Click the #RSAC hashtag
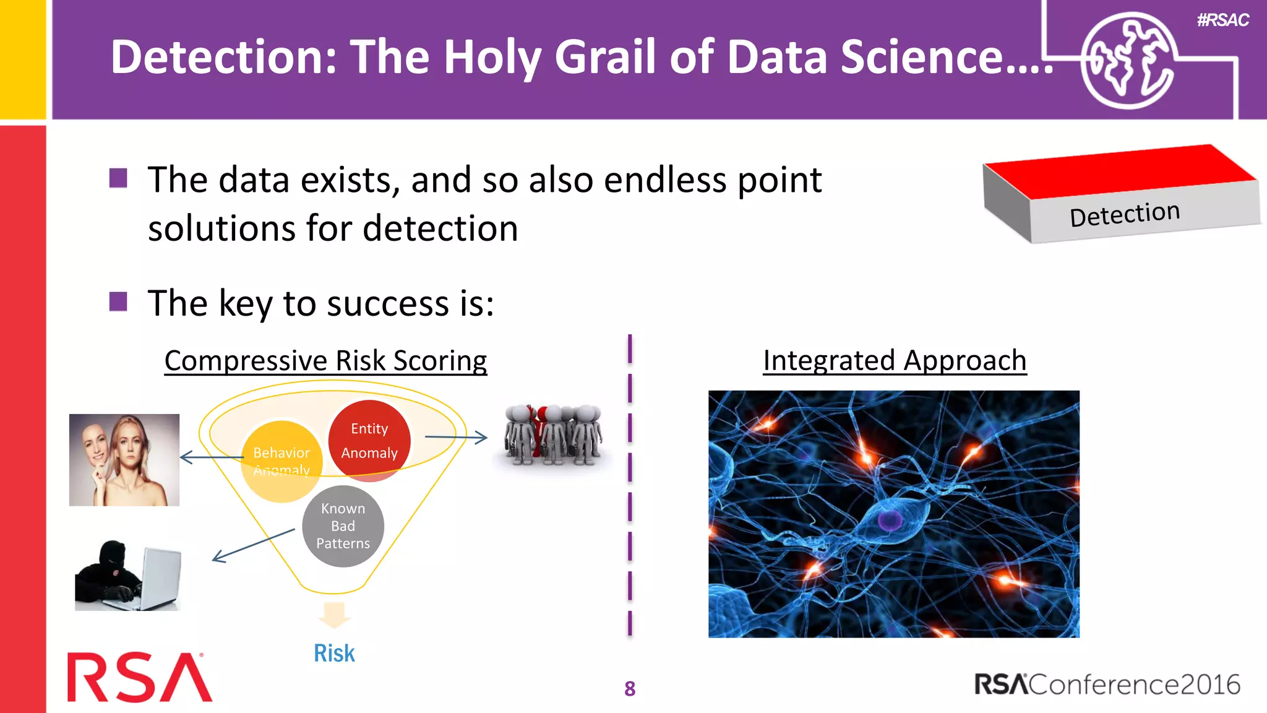click(1222, 20)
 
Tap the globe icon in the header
click(1127, 61)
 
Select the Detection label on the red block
click(1125, 214)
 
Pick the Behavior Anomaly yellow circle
click(281, 461)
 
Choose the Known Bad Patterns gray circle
click(343, 526)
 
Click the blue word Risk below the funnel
click(334, 653)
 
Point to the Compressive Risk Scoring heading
click(325, 360)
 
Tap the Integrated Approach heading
click(895, 360)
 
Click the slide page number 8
click(630, 688)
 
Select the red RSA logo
click(140, 678)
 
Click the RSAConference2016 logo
click(1107, 685)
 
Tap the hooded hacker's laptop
click(160, 578)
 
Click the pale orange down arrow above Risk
click(334, 615)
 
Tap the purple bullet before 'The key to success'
click(118, 302)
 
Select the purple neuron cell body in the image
click(890, 519)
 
